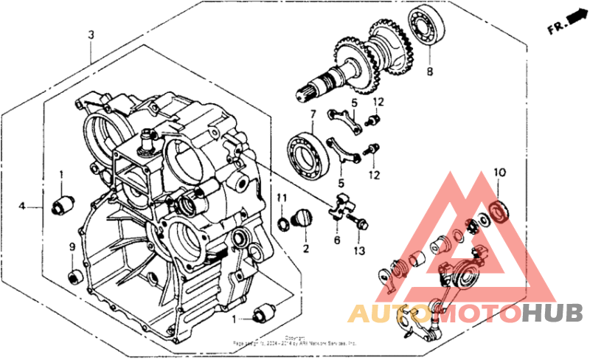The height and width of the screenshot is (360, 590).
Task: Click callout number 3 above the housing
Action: coord(91,35)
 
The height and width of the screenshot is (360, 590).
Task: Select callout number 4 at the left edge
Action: coord(23,207)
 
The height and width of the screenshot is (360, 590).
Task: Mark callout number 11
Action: coord(281,198)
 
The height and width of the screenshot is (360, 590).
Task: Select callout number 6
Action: coord(336,240)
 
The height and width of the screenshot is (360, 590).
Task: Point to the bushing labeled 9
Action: coord(74,277)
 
